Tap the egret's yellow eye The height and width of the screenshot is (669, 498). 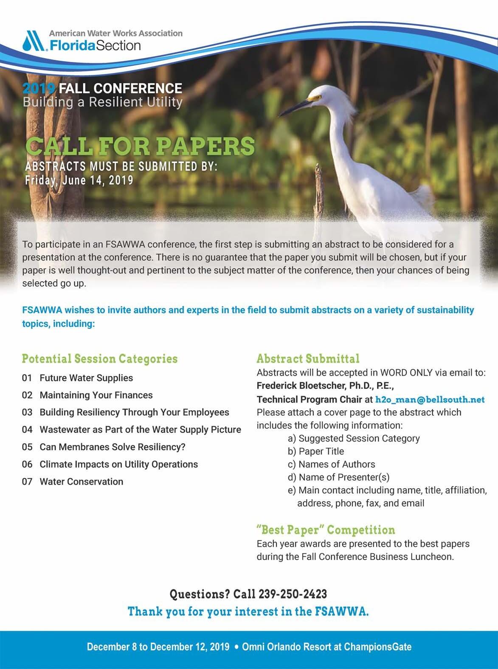(315, 97)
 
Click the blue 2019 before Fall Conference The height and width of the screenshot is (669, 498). (39, 88)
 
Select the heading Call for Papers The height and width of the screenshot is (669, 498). (140, 146)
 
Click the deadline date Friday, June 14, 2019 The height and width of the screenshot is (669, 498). (79, 180)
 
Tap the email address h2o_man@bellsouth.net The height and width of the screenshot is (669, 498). (430, 399)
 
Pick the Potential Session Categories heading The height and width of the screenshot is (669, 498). (100, 359)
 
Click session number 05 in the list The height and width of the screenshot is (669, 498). (27, 447)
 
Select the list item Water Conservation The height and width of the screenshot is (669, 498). (81, 481)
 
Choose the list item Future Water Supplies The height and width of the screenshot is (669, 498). (86, 378)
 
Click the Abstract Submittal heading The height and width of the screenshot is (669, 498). (308, 359)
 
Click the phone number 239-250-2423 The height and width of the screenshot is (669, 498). (293, 594)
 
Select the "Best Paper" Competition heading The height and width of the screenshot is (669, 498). (326, 530)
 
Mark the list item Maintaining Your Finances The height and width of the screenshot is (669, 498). (96, 395)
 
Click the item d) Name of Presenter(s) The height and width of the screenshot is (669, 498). (338, 477)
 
